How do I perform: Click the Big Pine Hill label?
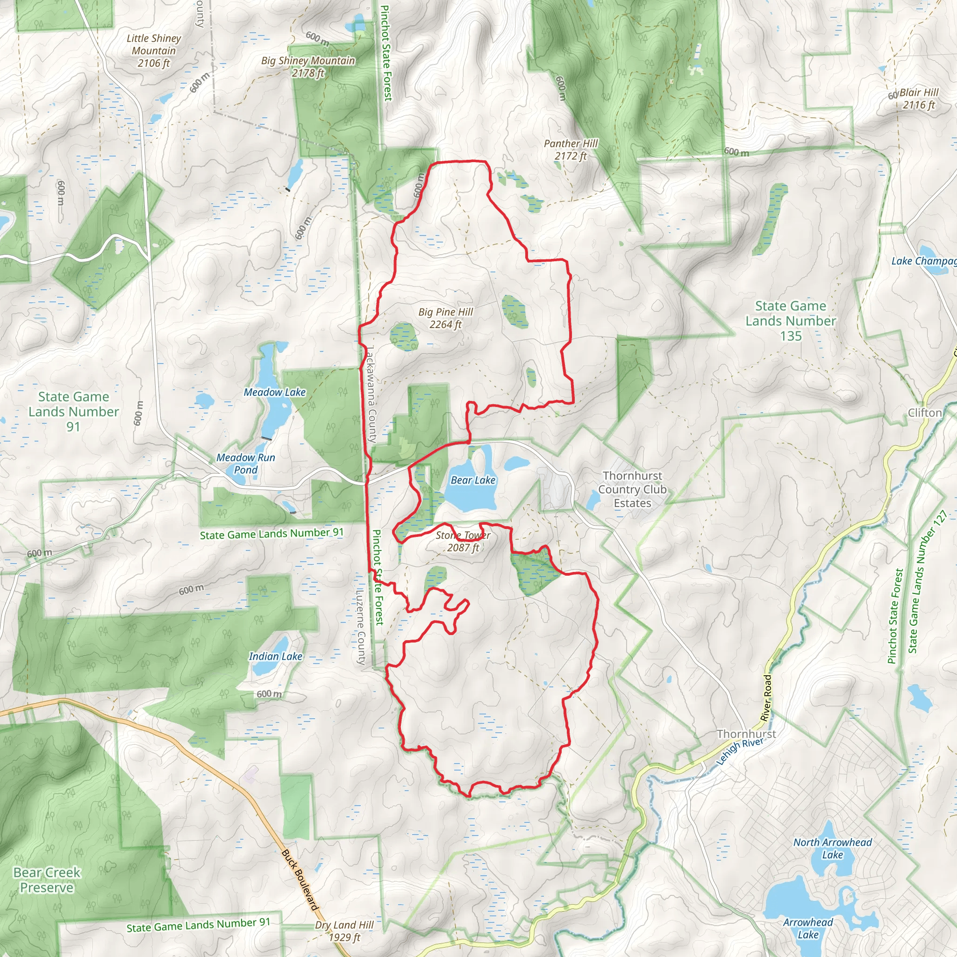[445, 318]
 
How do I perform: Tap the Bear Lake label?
[472, 480]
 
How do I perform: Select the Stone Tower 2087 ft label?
[463, 541]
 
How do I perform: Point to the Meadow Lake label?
[274, 392]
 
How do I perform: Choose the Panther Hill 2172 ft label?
[571, 150]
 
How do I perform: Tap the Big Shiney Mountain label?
[308, 66]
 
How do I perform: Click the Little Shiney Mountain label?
[154, 50]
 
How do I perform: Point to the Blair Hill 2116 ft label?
[918, 99]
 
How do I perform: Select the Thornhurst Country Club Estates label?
[632, 489]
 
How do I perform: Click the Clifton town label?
[924, 413]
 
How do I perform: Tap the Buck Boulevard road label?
[299, 880]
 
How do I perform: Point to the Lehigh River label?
[740, 751]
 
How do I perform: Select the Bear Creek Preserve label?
[47, 880]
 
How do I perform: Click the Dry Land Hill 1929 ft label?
[344, 931]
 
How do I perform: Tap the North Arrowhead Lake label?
[832, 848]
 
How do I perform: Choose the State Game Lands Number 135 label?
[791, 321]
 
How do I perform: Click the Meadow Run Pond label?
[246, 463]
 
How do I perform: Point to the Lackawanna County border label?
[371, 394]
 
